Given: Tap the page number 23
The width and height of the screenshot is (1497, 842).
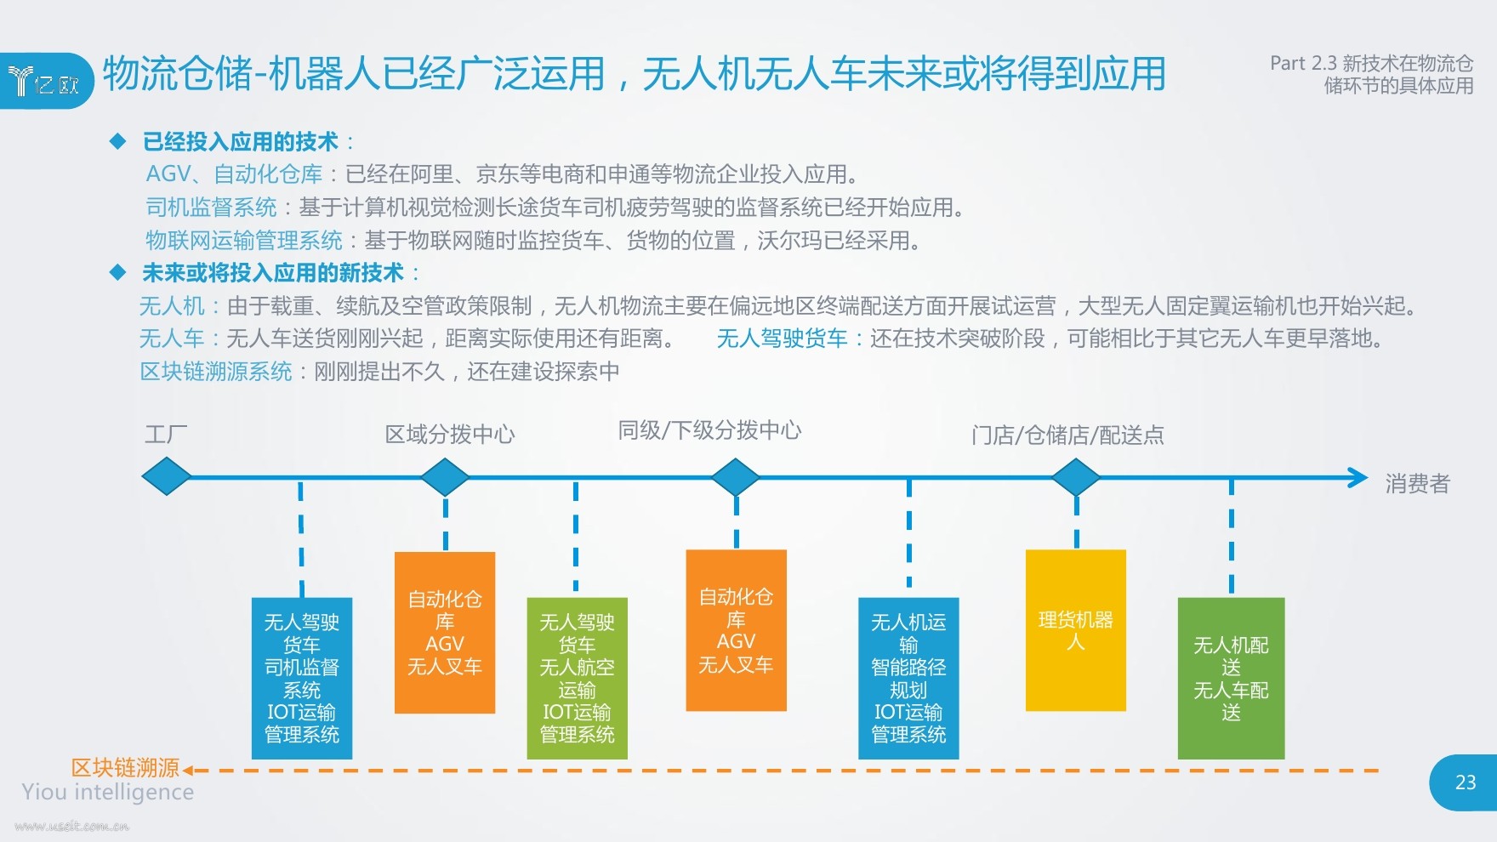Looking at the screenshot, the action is coord(1466,782).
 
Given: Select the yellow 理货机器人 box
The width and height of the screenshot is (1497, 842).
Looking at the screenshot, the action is coord(1076,630).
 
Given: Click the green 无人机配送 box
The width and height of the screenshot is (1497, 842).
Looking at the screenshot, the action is coord(1231,678).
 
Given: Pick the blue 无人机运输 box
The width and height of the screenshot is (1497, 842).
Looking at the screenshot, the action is coord(908,678).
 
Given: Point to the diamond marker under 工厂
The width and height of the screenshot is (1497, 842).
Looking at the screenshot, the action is coord(167,477).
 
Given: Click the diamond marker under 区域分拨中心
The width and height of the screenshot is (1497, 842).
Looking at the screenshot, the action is coord(445,477).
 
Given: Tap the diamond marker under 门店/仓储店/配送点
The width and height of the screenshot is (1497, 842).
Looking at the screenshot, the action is coord(1076,477).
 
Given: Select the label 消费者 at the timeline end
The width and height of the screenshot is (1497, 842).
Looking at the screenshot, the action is coord(1417,484).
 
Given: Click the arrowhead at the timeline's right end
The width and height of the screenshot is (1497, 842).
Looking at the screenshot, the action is coord(1358,477).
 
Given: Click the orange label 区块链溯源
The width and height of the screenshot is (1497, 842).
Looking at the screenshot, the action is coord(125,768).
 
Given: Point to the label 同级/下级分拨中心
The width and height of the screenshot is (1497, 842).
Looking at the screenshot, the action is coord(709,430).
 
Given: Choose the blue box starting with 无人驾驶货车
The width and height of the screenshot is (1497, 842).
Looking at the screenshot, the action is coord(302,678).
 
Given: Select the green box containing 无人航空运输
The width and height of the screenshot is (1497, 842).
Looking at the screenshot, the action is coord(577,678).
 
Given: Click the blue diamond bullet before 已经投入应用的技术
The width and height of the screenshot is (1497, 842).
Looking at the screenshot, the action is coord(118,141).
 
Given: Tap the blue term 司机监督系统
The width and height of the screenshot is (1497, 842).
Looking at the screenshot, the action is coord(211,208).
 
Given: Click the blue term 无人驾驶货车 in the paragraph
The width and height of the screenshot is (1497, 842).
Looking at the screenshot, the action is coord(782,339).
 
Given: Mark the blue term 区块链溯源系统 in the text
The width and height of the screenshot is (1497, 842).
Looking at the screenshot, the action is coord(216,372).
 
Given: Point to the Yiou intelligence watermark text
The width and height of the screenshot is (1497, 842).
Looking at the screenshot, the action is coord(108,793).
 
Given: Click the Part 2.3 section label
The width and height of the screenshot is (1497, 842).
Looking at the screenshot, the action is coord(1371,74).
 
